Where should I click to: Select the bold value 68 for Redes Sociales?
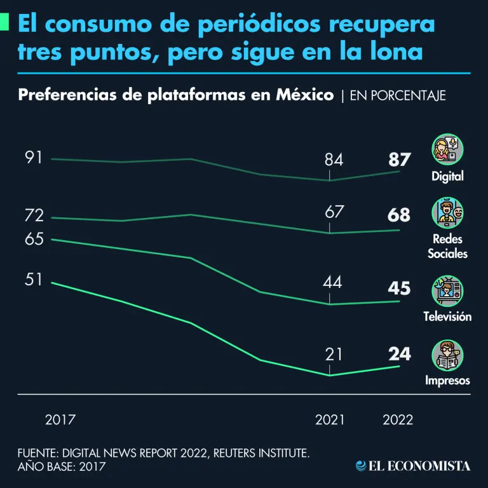(x=398, y=215)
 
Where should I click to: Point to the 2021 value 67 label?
(x=334, y=212)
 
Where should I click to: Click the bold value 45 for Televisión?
(x=398, y=288)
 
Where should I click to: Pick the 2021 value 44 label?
(x=332, y=282)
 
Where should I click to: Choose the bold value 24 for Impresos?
(x=399, y=354)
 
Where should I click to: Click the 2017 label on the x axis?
(x=60, y=420)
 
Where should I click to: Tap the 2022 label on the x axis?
(x=398, y=420)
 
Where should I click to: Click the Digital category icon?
(x=447, y=150)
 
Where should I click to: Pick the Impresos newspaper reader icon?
(x=447, y=355)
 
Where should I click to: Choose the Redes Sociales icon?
(x=447, y=213)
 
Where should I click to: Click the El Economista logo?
(x=413, y=466)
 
